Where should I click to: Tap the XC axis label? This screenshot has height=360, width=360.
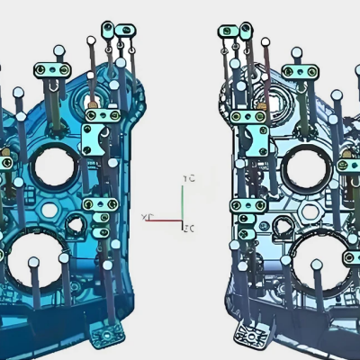[x=147, y=218]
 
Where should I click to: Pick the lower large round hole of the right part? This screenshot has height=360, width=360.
[x=324, y=255]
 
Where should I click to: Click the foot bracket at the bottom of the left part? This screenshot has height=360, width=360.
[x=107, y=336]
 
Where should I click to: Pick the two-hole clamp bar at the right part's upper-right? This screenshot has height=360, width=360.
[x=301, y=70]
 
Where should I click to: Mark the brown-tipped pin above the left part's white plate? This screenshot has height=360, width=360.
[x=90, y=105]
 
